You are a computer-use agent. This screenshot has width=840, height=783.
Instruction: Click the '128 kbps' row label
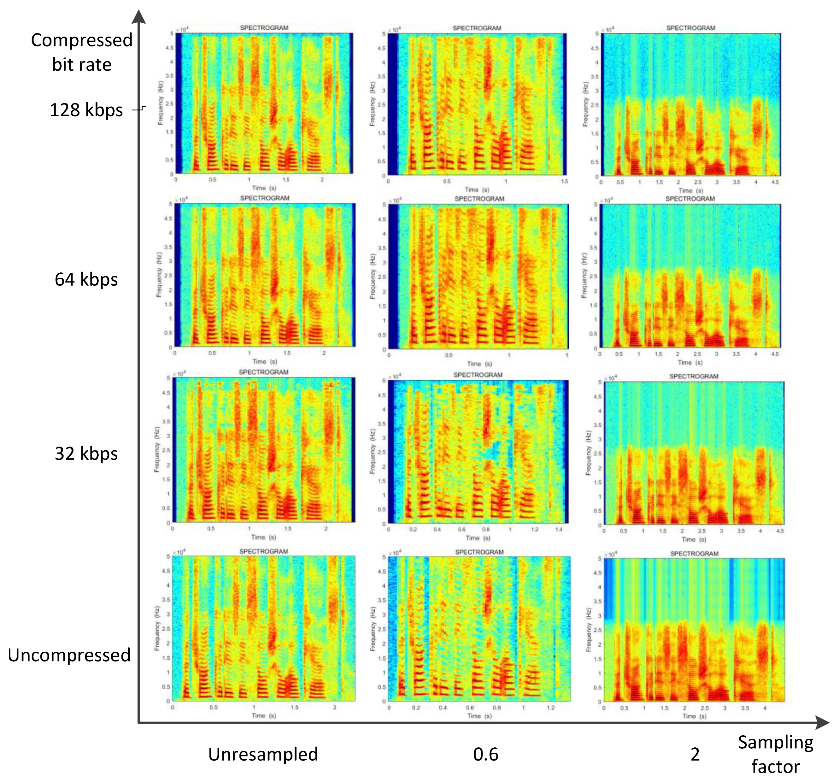(x=86, y=110)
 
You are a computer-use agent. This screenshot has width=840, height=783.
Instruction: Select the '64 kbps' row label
(x=86, y=279)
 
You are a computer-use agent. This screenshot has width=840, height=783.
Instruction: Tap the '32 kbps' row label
(x=86, y=454)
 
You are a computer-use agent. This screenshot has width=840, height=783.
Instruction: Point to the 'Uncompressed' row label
(x=69, y=655)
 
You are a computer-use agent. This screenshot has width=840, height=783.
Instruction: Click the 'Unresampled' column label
(x=263, y=754)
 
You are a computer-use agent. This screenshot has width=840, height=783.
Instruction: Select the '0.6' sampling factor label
(x=485, y=754)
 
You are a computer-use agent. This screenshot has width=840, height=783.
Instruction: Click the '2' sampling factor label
(x=695, y=754)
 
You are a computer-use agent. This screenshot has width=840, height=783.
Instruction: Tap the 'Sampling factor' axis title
(x=775, y=754)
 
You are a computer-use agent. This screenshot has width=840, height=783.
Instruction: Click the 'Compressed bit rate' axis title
(x=82, y=52)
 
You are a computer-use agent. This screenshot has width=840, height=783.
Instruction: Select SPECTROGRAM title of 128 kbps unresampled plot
(x=264, y=28)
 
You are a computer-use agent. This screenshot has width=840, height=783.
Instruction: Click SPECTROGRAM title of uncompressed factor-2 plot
(x=694, y=554)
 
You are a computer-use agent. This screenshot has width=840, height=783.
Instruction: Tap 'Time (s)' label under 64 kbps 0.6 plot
(x=479, y=364)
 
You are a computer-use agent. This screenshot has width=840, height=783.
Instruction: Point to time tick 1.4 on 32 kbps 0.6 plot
(x=559, y=529)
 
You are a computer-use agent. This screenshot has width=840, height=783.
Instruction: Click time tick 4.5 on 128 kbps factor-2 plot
(x=775, y=182)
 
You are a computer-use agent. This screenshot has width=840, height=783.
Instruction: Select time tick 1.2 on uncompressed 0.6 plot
(x=550, y=707)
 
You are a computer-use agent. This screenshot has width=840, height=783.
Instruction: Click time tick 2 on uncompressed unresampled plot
(x=334, y=707)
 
